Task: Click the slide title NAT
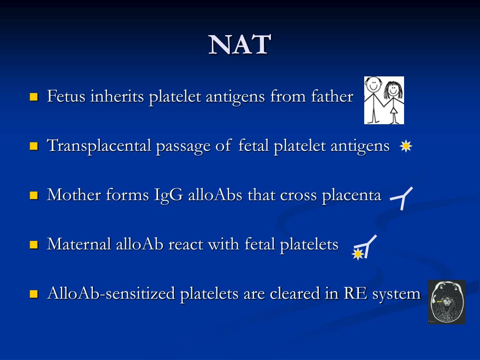pos(240,45)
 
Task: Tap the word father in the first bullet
pos(331,97)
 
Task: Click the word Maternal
pos(79,244)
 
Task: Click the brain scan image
pos(446,302)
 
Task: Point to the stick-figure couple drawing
pos(384,100)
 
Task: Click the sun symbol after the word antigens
pos(405,147)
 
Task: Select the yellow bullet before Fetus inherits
pos(34,97)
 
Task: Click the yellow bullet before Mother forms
pos(34,195)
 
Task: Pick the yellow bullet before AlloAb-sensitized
pos(34,294)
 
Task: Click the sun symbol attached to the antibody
pos(358,254)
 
